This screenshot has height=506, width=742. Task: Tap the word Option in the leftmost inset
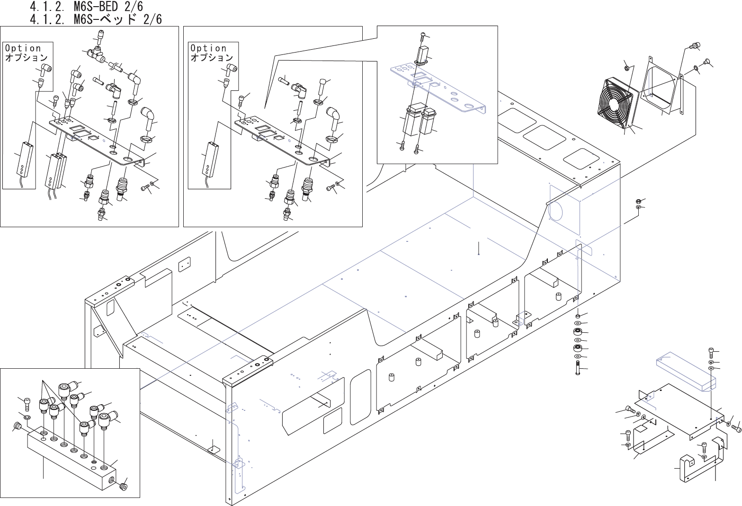coord(23,48)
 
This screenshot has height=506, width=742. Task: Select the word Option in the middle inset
coord(208,48)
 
